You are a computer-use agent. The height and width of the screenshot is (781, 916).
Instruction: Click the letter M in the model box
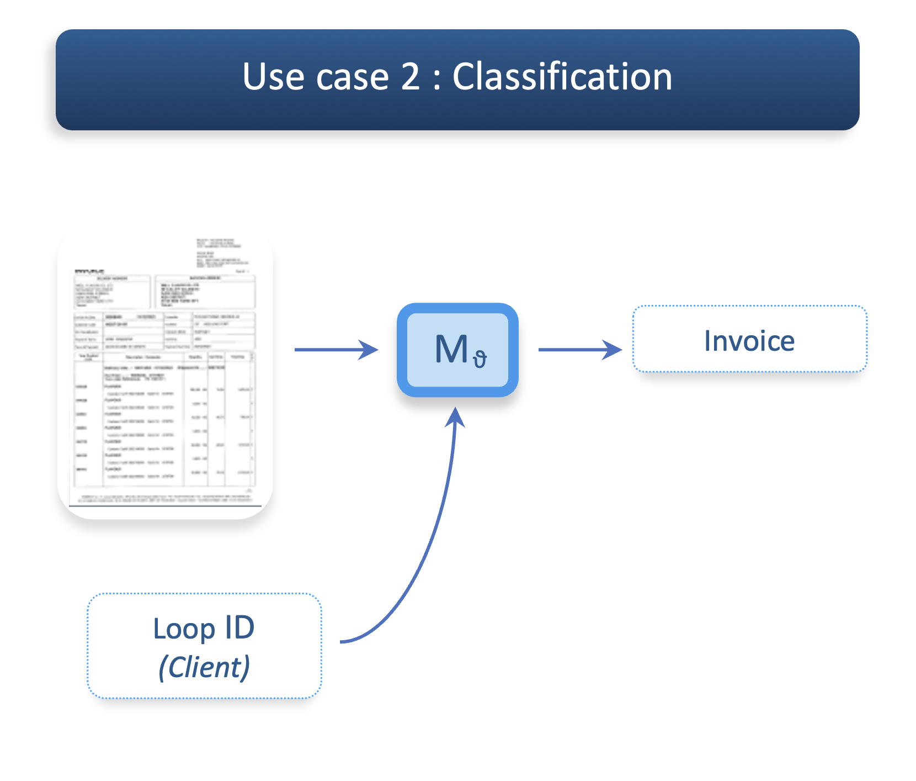click(451, 350)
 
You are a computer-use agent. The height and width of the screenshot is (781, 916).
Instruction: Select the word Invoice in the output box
click(749, 341)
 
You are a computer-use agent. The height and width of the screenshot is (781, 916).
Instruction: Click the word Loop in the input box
click(184, 629)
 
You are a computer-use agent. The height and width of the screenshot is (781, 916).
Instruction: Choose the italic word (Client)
click(204, 667)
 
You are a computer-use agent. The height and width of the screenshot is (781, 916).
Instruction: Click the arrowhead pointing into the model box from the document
click(369, 350)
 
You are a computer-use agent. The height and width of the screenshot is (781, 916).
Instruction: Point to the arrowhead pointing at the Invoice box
click(613, 350)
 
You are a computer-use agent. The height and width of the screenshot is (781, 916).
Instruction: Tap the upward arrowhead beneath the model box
click(455, 418)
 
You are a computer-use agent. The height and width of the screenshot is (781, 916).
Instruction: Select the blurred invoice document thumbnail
click(165, 376)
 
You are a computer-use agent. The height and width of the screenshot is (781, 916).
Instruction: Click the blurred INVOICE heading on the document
click(89, 271)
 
